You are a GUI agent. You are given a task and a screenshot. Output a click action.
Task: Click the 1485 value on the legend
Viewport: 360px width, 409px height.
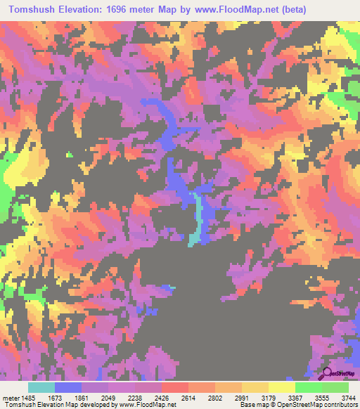(26, 398)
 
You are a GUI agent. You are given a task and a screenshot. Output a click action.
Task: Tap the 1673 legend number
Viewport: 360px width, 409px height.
(54, 398)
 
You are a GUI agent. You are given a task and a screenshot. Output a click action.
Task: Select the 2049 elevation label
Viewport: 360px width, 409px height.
(109, 398)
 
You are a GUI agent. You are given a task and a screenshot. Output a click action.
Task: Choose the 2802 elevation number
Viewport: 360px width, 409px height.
(215, 398)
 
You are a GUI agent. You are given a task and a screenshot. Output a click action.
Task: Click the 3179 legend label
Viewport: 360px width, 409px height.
(269, 398)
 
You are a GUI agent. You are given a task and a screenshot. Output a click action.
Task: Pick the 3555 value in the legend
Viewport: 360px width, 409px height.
(321, 398)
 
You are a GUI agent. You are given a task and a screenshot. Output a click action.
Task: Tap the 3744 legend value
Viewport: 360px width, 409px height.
(347, 398)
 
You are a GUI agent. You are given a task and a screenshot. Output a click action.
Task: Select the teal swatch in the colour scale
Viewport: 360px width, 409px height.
(41, 387)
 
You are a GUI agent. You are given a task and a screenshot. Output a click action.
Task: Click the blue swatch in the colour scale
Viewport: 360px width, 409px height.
(68, 387)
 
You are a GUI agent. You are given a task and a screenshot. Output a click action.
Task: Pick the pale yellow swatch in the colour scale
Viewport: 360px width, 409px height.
(281, 387)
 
